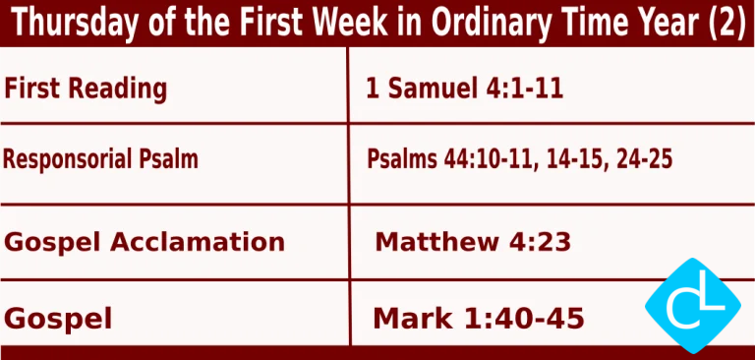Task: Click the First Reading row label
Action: pos(86,89)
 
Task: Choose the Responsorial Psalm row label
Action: pos(101,157)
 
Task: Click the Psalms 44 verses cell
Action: pos(519,157)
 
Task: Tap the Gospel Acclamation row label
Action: pos(145,241)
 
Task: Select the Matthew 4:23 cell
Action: pos(473,241)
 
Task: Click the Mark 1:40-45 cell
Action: pos(479,319)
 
